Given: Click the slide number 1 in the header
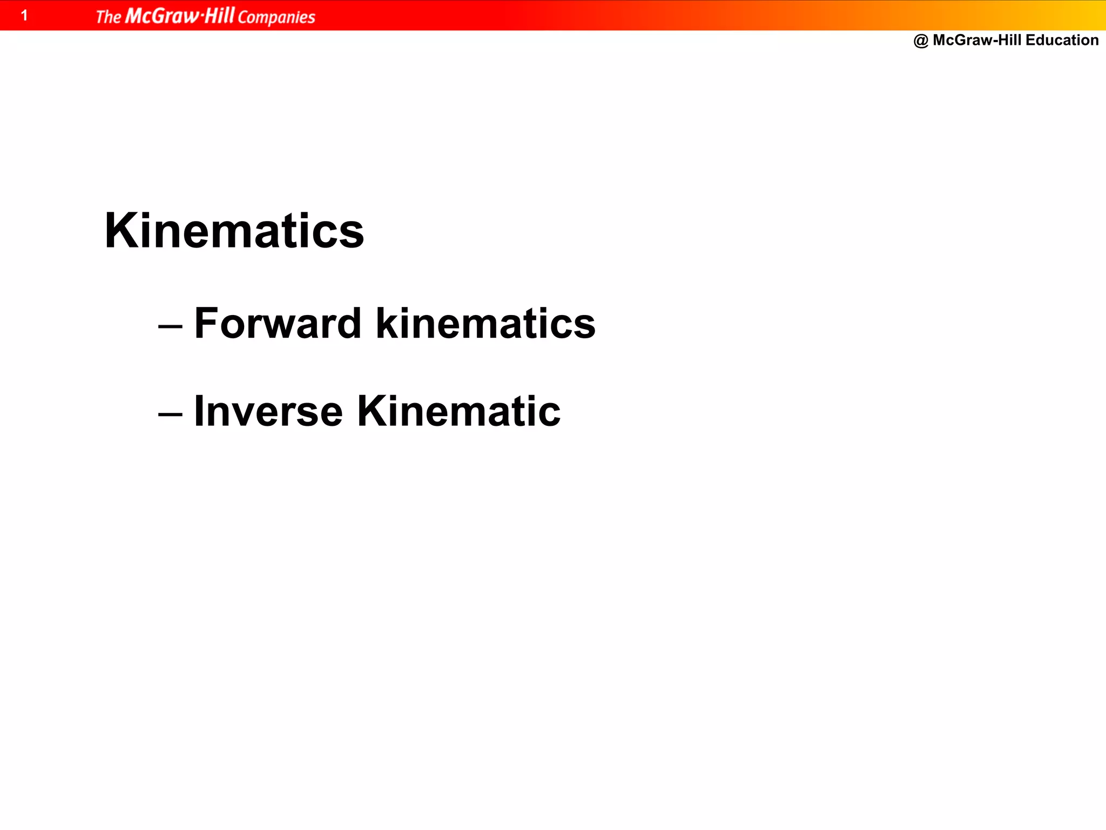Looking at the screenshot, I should [24, 15].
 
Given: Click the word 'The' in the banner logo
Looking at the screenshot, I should [109, 17].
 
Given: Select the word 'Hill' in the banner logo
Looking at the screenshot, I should [219, 15].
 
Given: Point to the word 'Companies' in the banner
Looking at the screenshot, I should [276, 17].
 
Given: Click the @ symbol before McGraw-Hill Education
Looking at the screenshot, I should [921, 41].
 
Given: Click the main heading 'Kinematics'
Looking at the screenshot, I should [234, 231].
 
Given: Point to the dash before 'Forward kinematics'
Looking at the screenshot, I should [170, 327].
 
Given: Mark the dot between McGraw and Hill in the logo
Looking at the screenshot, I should [202, 17].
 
